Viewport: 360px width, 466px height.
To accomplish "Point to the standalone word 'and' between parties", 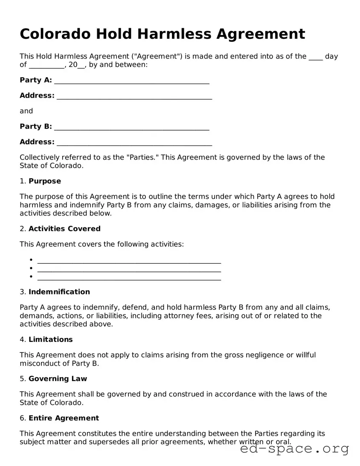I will click(26, 111).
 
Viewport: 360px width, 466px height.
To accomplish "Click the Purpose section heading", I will click(44, 181).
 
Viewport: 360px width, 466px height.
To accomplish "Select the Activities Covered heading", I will click(64, 229).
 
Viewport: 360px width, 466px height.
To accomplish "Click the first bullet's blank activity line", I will click(129, 261).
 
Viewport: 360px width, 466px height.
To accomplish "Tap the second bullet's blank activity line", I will click(129, 269).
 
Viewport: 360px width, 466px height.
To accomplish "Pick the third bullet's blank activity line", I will click(129, 277).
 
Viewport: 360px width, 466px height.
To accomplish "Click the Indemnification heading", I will click(59, 292).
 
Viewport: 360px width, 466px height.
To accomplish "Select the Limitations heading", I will click(50, 339).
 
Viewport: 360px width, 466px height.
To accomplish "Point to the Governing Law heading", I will click(58, 379).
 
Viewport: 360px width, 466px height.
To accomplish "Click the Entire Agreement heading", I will click(64, 418).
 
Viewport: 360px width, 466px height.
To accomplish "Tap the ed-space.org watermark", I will click(294, 449).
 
